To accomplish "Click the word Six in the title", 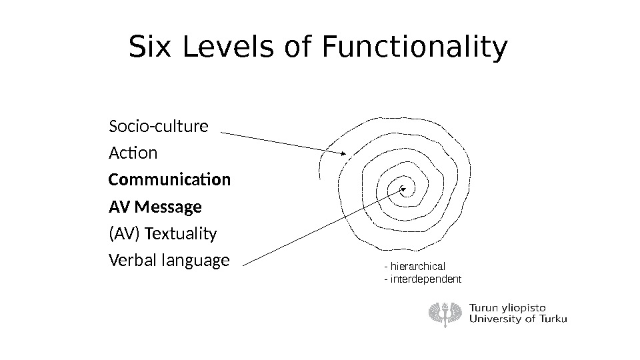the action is click(x=149, y=48).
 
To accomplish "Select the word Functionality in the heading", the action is click(x=414, y=48).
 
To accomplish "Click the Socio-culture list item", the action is click(x=158, y=126).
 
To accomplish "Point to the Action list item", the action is click(x=133, y=153).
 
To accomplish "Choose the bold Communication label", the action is click(x=169, y=181).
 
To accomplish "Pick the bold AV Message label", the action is click(x=155, y=208).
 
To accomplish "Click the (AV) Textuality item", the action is click(x=162, y=235).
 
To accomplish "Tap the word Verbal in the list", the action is click(x=130, y=260).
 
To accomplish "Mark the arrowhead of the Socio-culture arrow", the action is click(x=343, y=153).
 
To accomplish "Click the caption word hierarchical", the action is click(x=417, y=266).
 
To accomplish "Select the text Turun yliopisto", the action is click(x=508, y=307).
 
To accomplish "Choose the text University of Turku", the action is click(x=519, y=319).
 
